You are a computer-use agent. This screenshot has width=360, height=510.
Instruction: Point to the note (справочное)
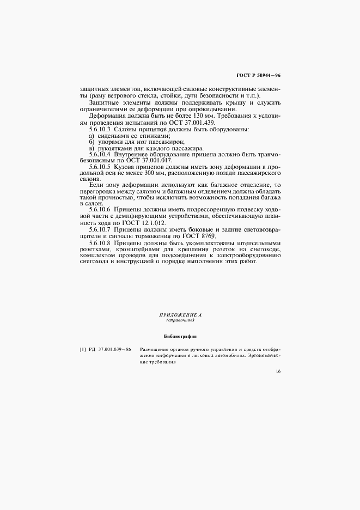tap(180, 320)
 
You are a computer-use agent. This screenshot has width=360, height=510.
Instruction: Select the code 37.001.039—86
tap(115, 349)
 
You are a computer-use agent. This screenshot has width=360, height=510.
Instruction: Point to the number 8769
tap(206, 236)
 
